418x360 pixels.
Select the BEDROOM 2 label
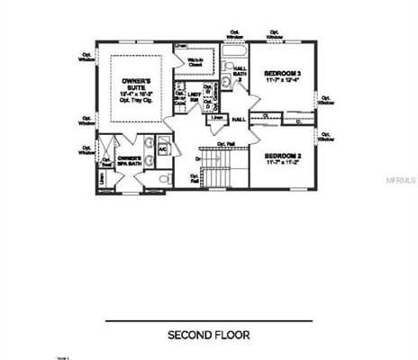[283, 157]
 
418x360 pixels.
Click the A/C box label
[163, 149]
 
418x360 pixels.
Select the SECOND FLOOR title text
[208, 335]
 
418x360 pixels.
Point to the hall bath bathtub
[241, 53]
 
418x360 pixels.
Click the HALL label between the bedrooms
[240, 119]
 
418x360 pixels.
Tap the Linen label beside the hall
[217, 117]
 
